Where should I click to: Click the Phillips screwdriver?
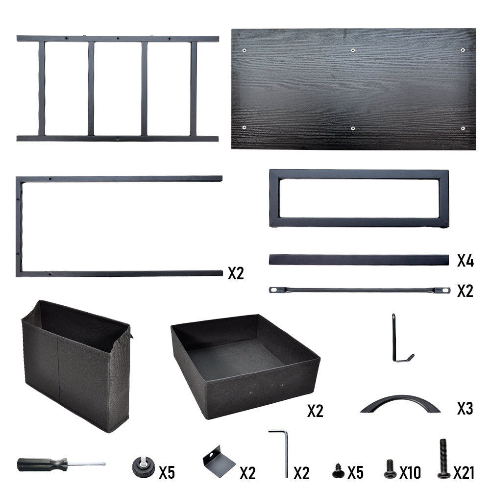point(61,465)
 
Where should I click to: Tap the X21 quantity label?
point(464,473)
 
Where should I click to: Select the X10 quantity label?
point(410,473)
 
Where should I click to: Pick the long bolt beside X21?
point(443,459)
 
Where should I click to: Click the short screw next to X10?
point(390,469)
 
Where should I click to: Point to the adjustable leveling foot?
point(143,467)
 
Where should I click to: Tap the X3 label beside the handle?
point(465,409)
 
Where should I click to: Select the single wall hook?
point(394,341)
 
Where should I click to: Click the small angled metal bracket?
point(218,461)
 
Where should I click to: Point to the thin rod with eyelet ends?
point(359,290)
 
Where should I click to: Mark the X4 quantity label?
point(465,261)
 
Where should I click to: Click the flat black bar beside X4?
point(359,260)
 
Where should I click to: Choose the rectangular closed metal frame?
point(359,174)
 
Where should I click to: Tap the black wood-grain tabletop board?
point(353,89)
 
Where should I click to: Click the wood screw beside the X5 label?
point(338,470)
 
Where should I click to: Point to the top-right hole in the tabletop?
point(463,50)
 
